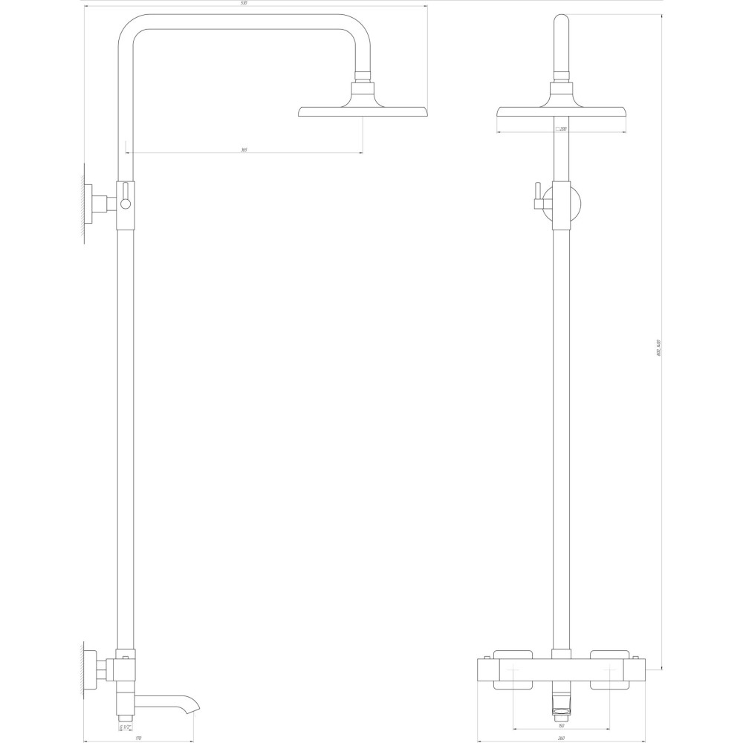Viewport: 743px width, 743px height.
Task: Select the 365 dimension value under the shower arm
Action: click(244, 150)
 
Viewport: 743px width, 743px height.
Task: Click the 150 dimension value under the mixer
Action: click(562, 726)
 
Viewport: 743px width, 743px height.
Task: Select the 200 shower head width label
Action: click(562, 129)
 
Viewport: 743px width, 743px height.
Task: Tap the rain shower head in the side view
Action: click(363, 111)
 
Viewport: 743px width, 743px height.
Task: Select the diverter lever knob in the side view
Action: click(126, 202)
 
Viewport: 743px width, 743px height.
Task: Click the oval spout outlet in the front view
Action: click(562, 710)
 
